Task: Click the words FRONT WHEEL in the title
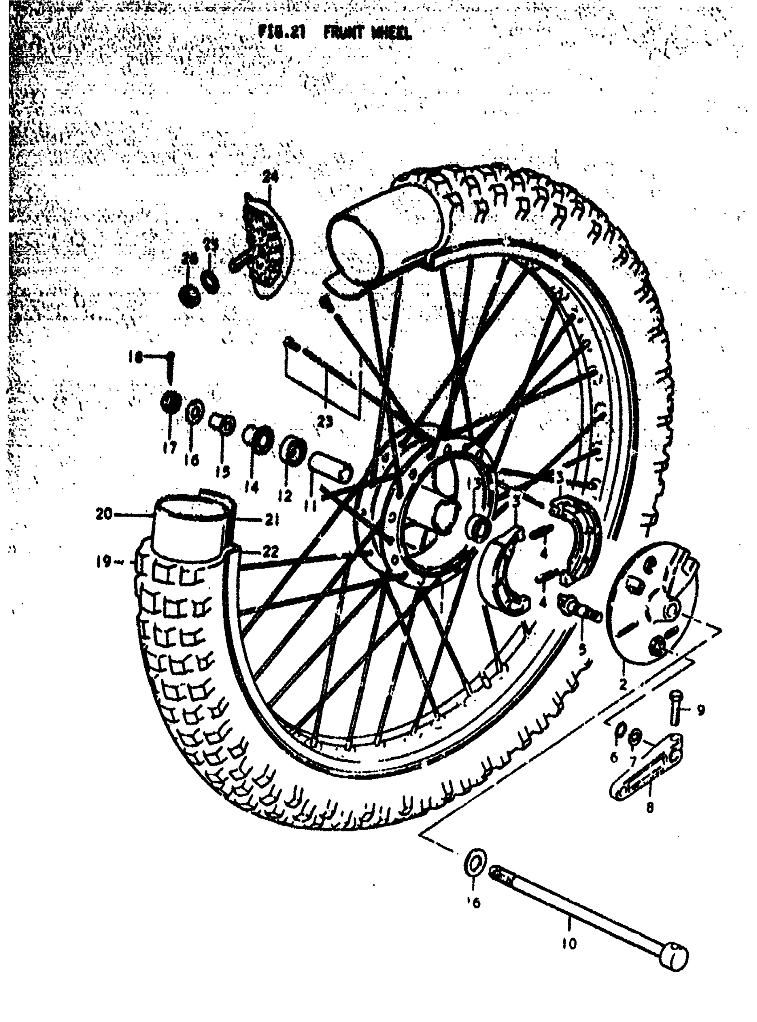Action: (367, 33)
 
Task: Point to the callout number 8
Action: (649, 807)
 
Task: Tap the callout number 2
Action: (622, 685)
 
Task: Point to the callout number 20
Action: (104, 515)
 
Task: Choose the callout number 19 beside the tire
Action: (104, 562)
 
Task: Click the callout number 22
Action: (270, 552)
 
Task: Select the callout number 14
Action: (252, 487)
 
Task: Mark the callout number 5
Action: (582, 649)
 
